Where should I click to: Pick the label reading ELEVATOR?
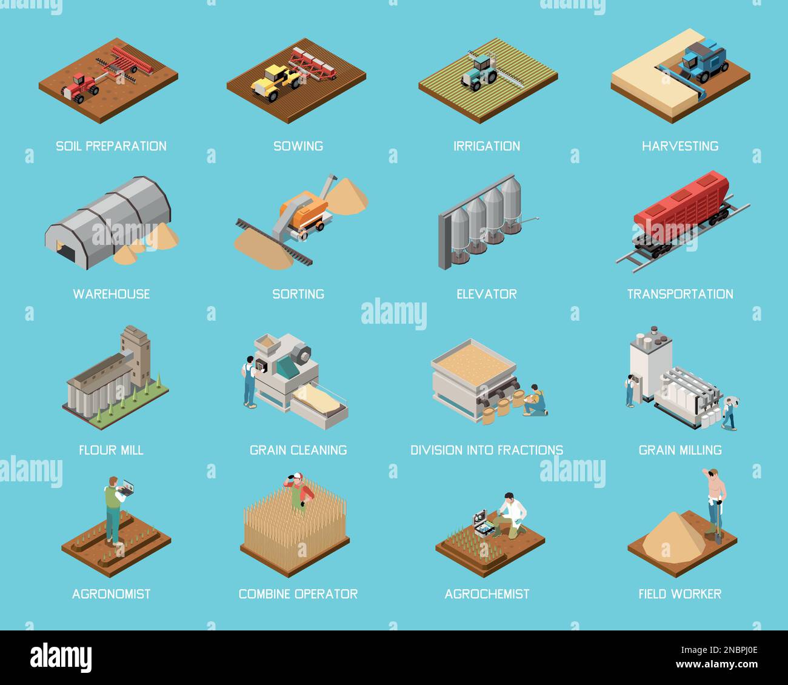[x=486, y=294]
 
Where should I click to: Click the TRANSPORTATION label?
[x=679, y=294]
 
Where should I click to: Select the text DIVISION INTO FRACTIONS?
[x=486, y=450]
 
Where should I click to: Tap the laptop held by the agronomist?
[x=127, y=486]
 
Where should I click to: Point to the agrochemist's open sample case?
[x=483, y=523]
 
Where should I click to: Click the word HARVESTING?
[x=679, y=146]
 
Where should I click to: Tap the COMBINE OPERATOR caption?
[x=298, y=593]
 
